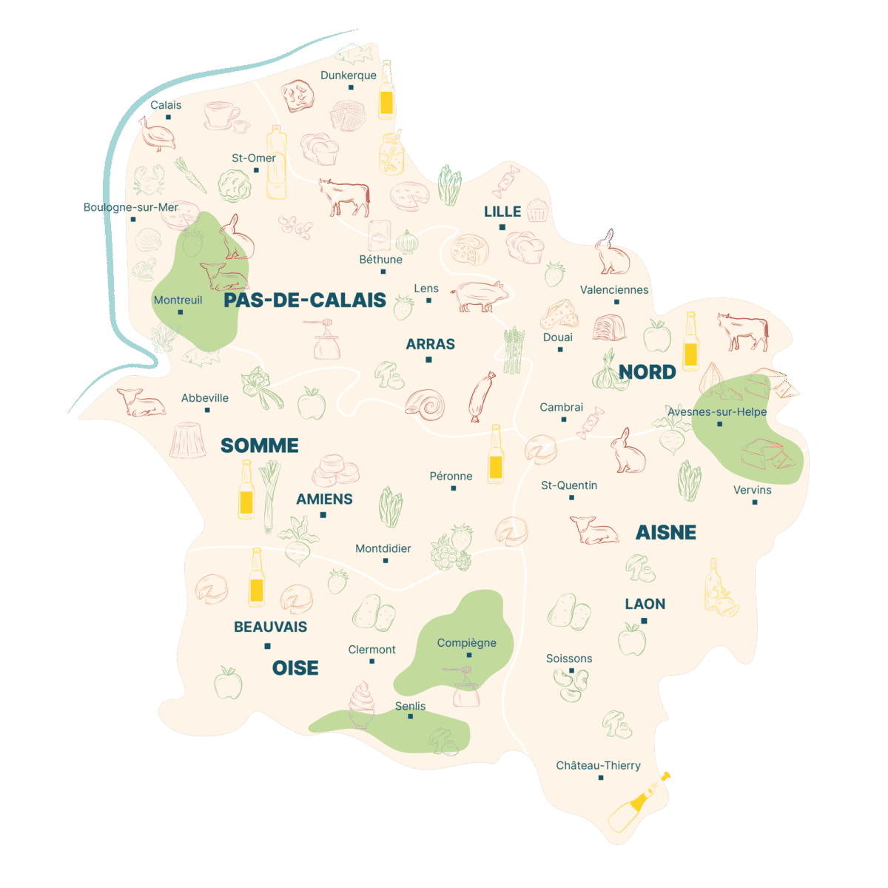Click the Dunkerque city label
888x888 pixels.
tap(348, 75)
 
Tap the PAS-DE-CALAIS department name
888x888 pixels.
tap(305, 300)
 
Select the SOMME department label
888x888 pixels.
tap(260, 445)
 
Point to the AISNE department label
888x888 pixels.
tap(666, 532)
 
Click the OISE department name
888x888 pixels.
tap(295, 668)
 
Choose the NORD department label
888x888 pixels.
tap(647, 372)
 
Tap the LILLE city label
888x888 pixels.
tap(502, 212)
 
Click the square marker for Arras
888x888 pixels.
tap(428, 360)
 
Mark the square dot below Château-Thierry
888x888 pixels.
tap(600, 778)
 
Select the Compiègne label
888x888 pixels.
tap(466, 643)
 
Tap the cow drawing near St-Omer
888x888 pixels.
tap(344, 197)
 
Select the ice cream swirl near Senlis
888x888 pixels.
tap(361, 704)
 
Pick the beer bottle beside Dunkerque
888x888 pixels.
tap(386, 92)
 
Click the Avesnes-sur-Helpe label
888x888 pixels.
tap(717, 412)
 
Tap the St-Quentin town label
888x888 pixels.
tap(569, 485)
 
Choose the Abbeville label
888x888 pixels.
tap(205, 398)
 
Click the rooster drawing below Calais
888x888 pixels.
tap(158, 134)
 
